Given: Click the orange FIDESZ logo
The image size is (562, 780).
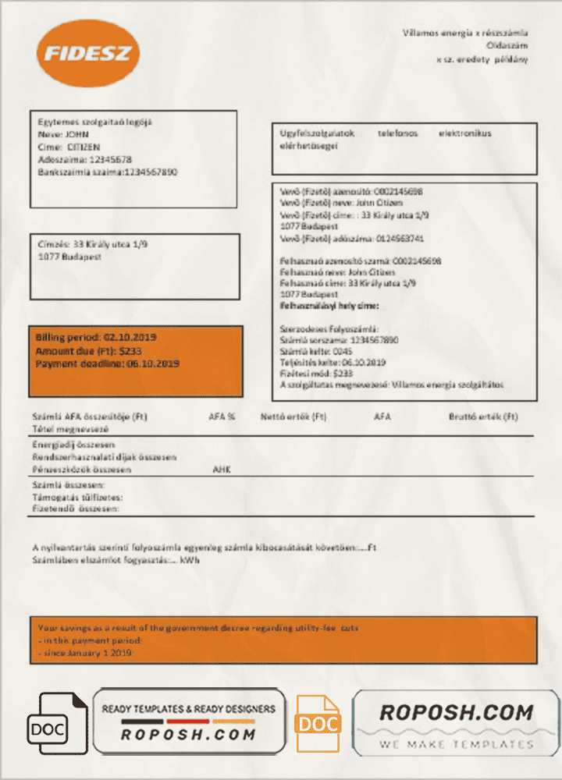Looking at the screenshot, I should click(87, 53).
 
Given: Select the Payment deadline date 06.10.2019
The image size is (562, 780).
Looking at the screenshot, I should click(153, 364).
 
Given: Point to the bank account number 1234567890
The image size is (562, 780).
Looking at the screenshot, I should click(151, 172).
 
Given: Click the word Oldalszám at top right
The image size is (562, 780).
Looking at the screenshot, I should click(507, 46).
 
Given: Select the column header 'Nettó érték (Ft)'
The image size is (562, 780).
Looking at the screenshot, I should click(293, 417).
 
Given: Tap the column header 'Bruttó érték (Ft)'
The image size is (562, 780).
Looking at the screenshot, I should click(483, 417).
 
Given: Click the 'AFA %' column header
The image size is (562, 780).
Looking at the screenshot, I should click(222, 417).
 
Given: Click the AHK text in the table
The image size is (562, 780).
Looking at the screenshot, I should click(222, 470).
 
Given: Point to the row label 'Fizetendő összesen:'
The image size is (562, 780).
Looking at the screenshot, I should click(76, 509).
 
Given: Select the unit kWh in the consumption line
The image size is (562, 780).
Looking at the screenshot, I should click(189, 560).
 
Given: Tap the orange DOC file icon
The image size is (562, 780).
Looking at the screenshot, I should click(318, 724).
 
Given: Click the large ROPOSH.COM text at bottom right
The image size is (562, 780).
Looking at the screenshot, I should click(456, 712).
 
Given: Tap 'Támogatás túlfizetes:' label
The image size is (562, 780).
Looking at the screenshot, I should click(77, 497).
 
